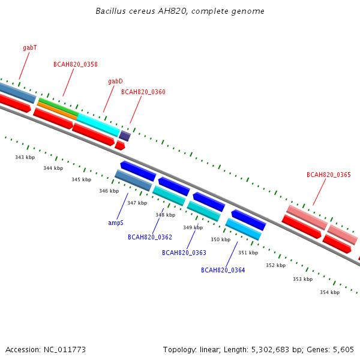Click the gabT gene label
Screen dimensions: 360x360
30,47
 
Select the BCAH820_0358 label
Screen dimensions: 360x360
76,64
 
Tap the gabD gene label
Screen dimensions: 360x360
115,81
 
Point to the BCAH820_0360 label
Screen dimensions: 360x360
143,92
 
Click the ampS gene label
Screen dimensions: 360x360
116,223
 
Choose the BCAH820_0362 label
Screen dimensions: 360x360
150,237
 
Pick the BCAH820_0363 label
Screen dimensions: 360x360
184,253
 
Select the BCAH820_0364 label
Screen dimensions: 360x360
223,270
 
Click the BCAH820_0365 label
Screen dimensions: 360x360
329,175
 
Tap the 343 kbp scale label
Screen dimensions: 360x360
25,157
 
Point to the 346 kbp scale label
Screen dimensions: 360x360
109,191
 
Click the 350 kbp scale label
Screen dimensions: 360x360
221,239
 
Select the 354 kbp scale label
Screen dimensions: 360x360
330,292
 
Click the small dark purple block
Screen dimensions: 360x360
125,136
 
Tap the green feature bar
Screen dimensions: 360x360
59,107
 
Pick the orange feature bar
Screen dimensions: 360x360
57,111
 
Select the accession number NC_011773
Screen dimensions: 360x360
65,350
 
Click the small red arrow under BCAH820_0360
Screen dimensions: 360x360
120,146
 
